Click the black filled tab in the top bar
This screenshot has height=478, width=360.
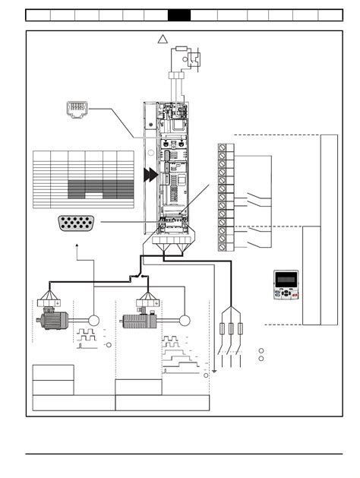click(x=178, y=14)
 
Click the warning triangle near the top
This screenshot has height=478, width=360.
click(x=162, y=40)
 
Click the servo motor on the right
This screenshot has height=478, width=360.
click(x=139, y=320)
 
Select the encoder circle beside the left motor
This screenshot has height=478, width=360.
click(x=94, y=320)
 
